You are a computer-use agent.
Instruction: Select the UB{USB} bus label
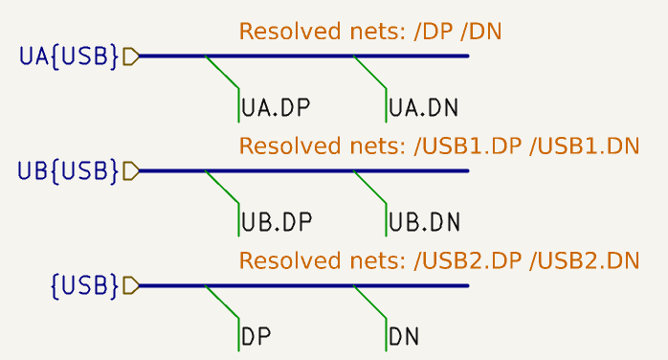pos(69,170)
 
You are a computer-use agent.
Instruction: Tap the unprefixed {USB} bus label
pos(84,285)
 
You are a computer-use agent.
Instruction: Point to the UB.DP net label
pos(276,222)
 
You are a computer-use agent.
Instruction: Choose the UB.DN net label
pos(424,222)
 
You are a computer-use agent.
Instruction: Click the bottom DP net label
pos(256,337)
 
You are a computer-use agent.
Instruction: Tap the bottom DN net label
pos(404,337)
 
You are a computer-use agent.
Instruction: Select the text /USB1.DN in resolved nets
pos(584,146)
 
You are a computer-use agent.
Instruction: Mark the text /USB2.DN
pos(584,260)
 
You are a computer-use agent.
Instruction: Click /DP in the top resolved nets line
pos(434,32)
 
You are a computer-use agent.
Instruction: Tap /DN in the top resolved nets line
pos(481,32)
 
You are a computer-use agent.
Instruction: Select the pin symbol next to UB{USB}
pos(131,170)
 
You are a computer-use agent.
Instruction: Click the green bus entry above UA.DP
pos(222,73)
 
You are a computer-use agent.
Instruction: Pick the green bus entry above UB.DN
pos(370,188)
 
